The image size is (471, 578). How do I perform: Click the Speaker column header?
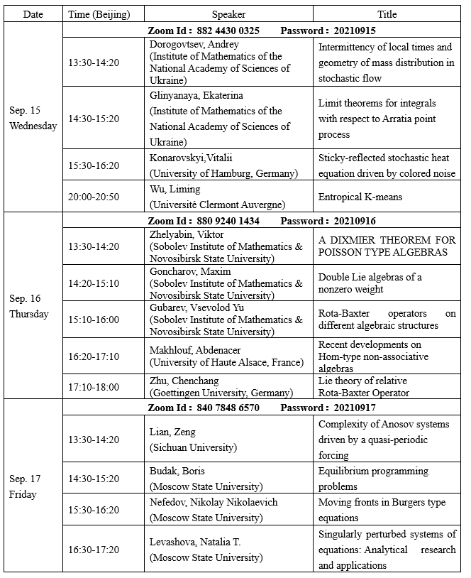(x=228, y=14)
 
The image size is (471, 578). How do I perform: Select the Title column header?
(x=387, y=14)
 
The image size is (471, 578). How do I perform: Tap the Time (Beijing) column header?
(x=104, y=14)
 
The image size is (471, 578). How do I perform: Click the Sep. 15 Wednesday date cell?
(x=33, y=119)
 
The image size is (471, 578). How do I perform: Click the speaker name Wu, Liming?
(x=175, y=189)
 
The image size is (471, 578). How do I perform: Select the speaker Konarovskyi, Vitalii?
(x=191, y=158)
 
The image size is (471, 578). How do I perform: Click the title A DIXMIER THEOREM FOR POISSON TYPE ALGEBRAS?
(x=387, y=246)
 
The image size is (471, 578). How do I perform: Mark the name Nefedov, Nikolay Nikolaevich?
(x=214, y=503)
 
